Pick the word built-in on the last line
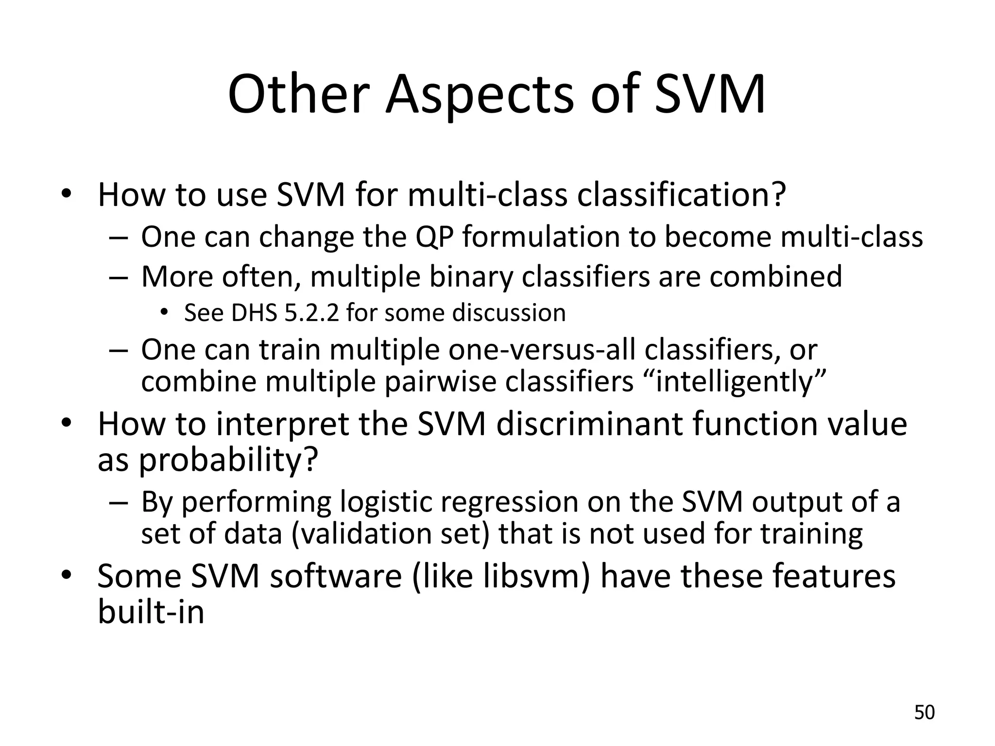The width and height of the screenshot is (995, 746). [x=151, y=611]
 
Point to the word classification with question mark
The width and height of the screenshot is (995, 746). [x=675, y=195]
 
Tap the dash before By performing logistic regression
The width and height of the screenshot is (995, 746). [x=118, y=503]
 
